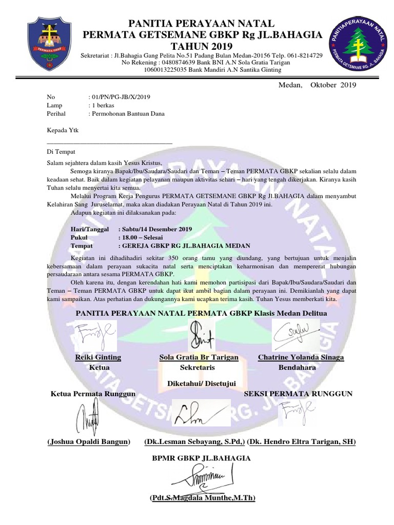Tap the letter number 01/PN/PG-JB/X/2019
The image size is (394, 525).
pos(121,96)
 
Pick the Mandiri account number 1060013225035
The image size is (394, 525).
pos(169,69)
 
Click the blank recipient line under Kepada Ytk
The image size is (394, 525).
pos(109,143)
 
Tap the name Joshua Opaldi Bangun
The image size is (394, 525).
pos(88,441)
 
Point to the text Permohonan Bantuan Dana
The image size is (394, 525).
pos(128,113)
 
